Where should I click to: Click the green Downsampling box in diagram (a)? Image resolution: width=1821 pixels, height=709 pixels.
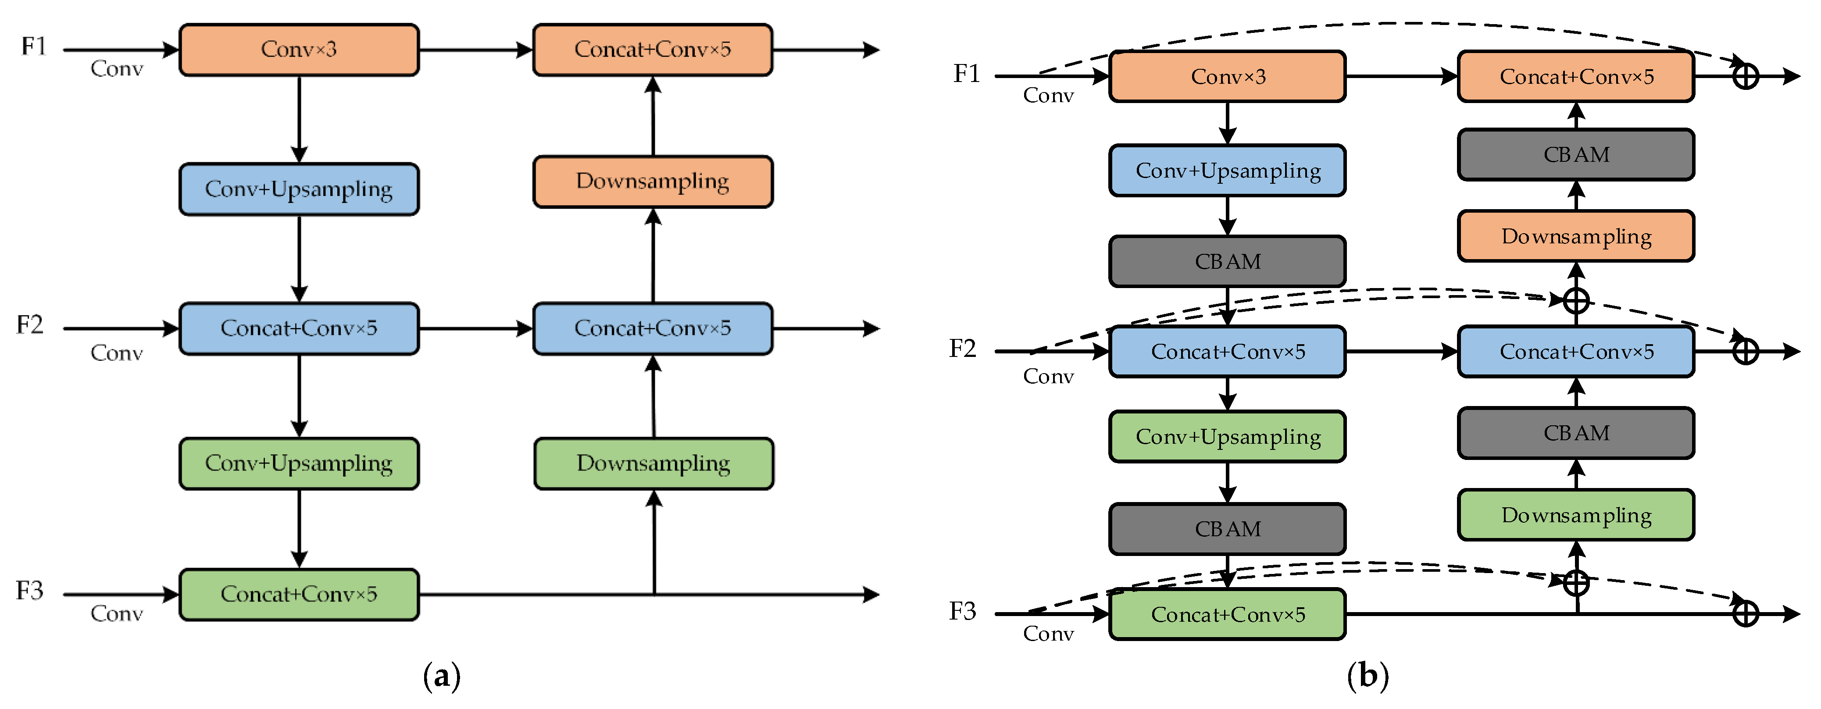click(653, 463)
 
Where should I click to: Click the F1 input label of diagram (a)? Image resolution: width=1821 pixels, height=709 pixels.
click(33, 46)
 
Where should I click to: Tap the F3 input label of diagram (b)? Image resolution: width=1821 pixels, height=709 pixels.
click(962, 612)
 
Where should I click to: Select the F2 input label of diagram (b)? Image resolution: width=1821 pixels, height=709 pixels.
click(962, 349)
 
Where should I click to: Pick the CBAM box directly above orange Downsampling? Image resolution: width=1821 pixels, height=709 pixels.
click(1576, 155)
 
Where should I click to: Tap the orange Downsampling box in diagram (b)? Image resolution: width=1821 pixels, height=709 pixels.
click(1576, 236)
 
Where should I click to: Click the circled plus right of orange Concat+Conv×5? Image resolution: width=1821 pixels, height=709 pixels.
click(1746, 76)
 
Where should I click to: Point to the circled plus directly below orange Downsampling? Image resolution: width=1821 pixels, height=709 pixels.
click(1576, 300)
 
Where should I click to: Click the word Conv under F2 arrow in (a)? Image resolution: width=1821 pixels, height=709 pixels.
click(117, 353)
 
